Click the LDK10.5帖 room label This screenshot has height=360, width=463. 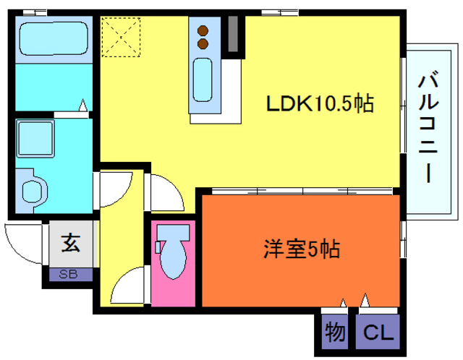pyautogui.click(x=319, y=105)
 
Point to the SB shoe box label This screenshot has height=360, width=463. pyautogui.click(x=70, y=275)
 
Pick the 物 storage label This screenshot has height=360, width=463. pyautogui.click(x=335, y=333)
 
